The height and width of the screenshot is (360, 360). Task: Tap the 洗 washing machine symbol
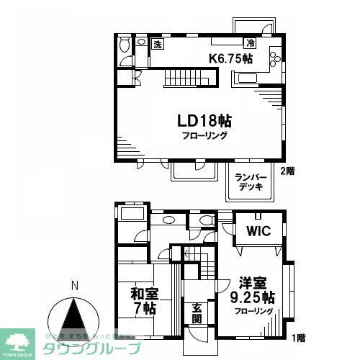[158, 44]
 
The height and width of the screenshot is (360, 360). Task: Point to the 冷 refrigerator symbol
[249, 44]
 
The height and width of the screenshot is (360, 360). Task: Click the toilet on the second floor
[123, 45]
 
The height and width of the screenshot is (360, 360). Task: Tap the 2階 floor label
[289, 172]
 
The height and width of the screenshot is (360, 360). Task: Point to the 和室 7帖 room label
[145, 301]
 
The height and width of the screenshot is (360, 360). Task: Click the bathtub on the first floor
[132, 214]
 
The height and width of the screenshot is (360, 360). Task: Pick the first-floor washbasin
[168, 220]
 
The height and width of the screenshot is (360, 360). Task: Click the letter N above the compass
[74, 286]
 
